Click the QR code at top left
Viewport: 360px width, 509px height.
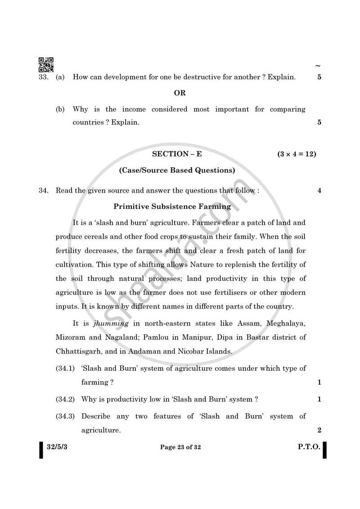point(46,65)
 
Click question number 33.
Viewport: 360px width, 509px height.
point(43,77)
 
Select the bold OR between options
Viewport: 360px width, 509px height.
point(180,93)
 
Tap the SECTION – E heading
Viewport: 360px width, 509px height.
point(177,154)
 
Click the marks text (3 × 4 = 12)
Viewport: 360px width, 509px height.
point(297,154)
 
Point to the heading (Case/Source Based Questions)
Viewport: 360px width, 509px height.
point(177,171)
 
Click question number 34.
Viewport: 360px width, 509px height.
point(43,190)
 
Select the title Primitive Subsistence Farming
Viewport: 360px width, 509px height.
point(172,207)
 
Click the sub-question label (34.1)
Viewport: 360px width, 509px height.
point(65,368)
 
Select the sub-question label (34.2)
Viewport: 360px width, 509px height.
point(65,399)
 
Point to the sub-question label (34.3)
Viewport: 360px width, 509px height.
point(65,416)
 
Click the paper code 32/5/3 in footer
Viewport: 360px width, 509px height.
point(56,447)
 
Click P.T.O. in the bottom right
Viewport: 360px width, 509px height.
point(309,447)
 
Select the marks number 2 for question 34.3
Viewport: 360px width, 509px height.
point(319,430)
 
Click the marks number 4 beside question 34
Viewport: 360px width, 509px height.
point(319,190)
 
